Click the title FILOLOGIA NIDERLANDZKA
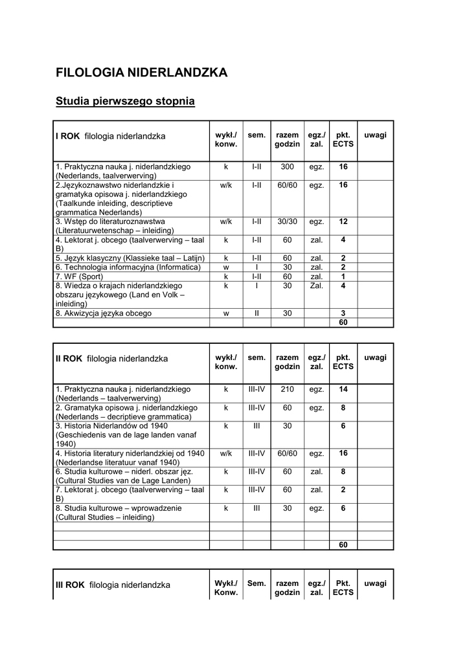point(141,73)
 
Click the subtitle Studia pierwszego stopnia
point(125,102)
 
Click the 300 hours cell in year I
point(287,167)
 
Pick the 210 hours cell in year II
point(287,389)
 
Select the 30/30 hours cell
point(287,221)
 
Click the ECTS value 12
point(343,221)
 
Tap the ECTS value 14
point(343,389)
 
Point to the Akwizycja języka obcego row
point(103,313)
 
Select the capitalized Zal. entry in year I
point(316,286)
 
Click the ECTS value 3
point(343,313)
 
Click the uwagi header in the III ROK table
point(375,583)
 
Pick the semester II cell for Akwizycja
point(257,313)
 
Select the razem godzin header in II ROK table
point(287,362)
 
